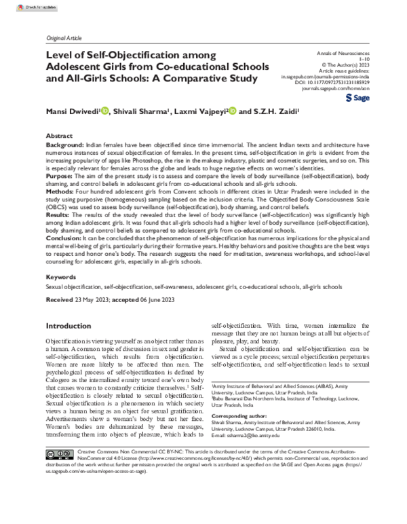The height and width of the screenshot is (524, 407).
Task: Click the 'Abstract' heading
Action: click(x=58, y=136)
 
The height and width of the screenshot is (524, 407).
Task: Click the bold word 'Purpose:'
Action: click(x=60, y=176)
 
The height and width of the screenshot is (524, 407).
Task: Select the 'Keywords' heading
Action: click(x=61, y=278)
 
